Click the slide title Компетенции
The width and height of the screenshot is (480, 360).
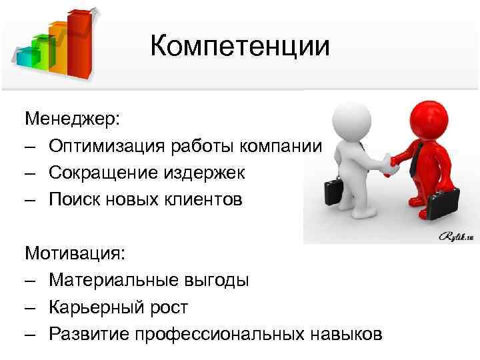[x=239, y=46]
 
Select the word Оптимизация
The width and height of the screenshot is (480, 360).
[x=107, y=146]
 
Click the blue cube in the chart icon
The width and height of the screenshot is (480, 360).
[x=26, y=57]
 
